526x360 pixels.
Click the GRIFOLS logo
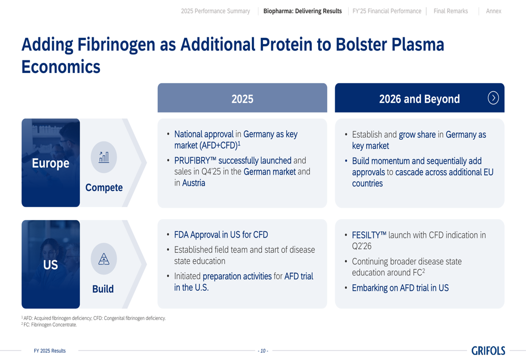tap(488, 351)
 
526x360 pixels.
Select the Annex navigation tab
tap(493, 11)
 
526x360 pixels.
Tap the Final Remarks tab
tap(451, 11)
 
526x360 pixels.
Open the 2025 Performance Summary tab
tap(215, 11)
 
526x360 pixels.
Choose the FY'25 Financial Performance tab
tap(387, 11)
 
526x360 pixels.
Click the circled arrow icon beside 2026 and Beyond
tap(493, 98)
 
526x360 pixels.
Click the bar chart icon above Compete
tap(104, 157)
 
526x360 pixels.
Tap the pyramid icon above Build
tap(104, 259)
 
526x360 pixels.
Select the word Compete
tap(104, 188)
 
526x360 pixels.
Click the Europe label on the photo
tap(50, 163)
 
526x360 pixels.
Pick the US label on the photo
tap(50, 265)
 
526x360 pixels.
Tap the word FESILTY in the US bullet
tap(366, 235)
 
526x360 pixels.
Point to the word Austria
tap(194, 183)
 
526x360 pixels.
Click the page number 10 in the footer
tap(263, 351)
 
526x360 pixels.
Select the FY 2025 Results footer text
tap(49, 351)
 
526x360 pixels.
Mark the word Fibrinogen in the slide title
tap(116, 45)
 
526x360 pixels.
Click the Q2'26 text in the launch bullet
tap(362, 246)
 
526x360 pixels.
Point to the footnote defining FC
tap(49, 324)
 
